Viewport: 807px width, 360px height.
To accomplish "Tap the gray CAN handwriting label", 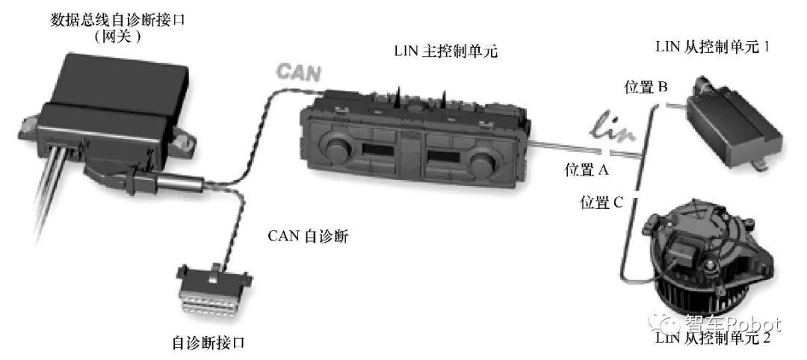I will click(299, 72).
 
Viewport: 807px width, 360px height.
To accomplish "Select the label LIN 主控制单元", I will click(445, 52).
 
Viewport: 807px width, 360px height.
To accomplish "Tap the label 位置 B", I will click(646, 87).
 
